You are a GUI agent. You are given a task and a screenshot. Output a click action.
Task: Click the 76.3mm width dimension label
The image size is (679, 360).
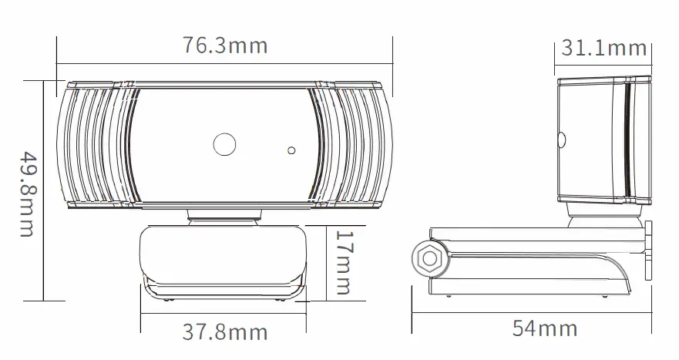point(225,45)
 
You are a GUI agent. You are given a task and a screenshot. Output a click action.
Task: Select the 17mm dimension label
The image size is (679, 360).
point(342,262)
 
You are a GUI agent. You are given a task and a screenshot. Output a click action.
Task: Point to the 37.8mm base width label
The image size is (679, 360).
point(225,332)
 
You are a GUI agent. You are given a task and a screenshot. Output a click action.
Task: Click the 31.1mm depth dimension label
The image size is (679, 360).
point(603,48)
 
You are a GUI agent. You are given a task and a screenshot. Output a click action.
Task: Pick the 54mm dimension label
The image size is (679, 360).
point(545,328)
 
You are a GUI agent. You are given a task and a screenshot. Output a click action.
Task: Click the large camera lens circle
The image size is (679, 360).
point(224,143)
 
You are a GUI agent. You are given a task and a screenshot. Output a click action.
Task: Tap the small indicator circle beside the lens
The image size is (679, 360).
point(291,150)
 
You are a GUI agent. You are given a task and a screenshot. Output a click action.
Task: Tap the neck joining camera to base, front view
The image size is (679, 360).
point(224,216)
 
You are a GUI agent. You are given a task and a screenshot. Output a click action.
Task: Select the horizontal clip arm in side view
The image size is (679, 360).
point(540,239)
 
